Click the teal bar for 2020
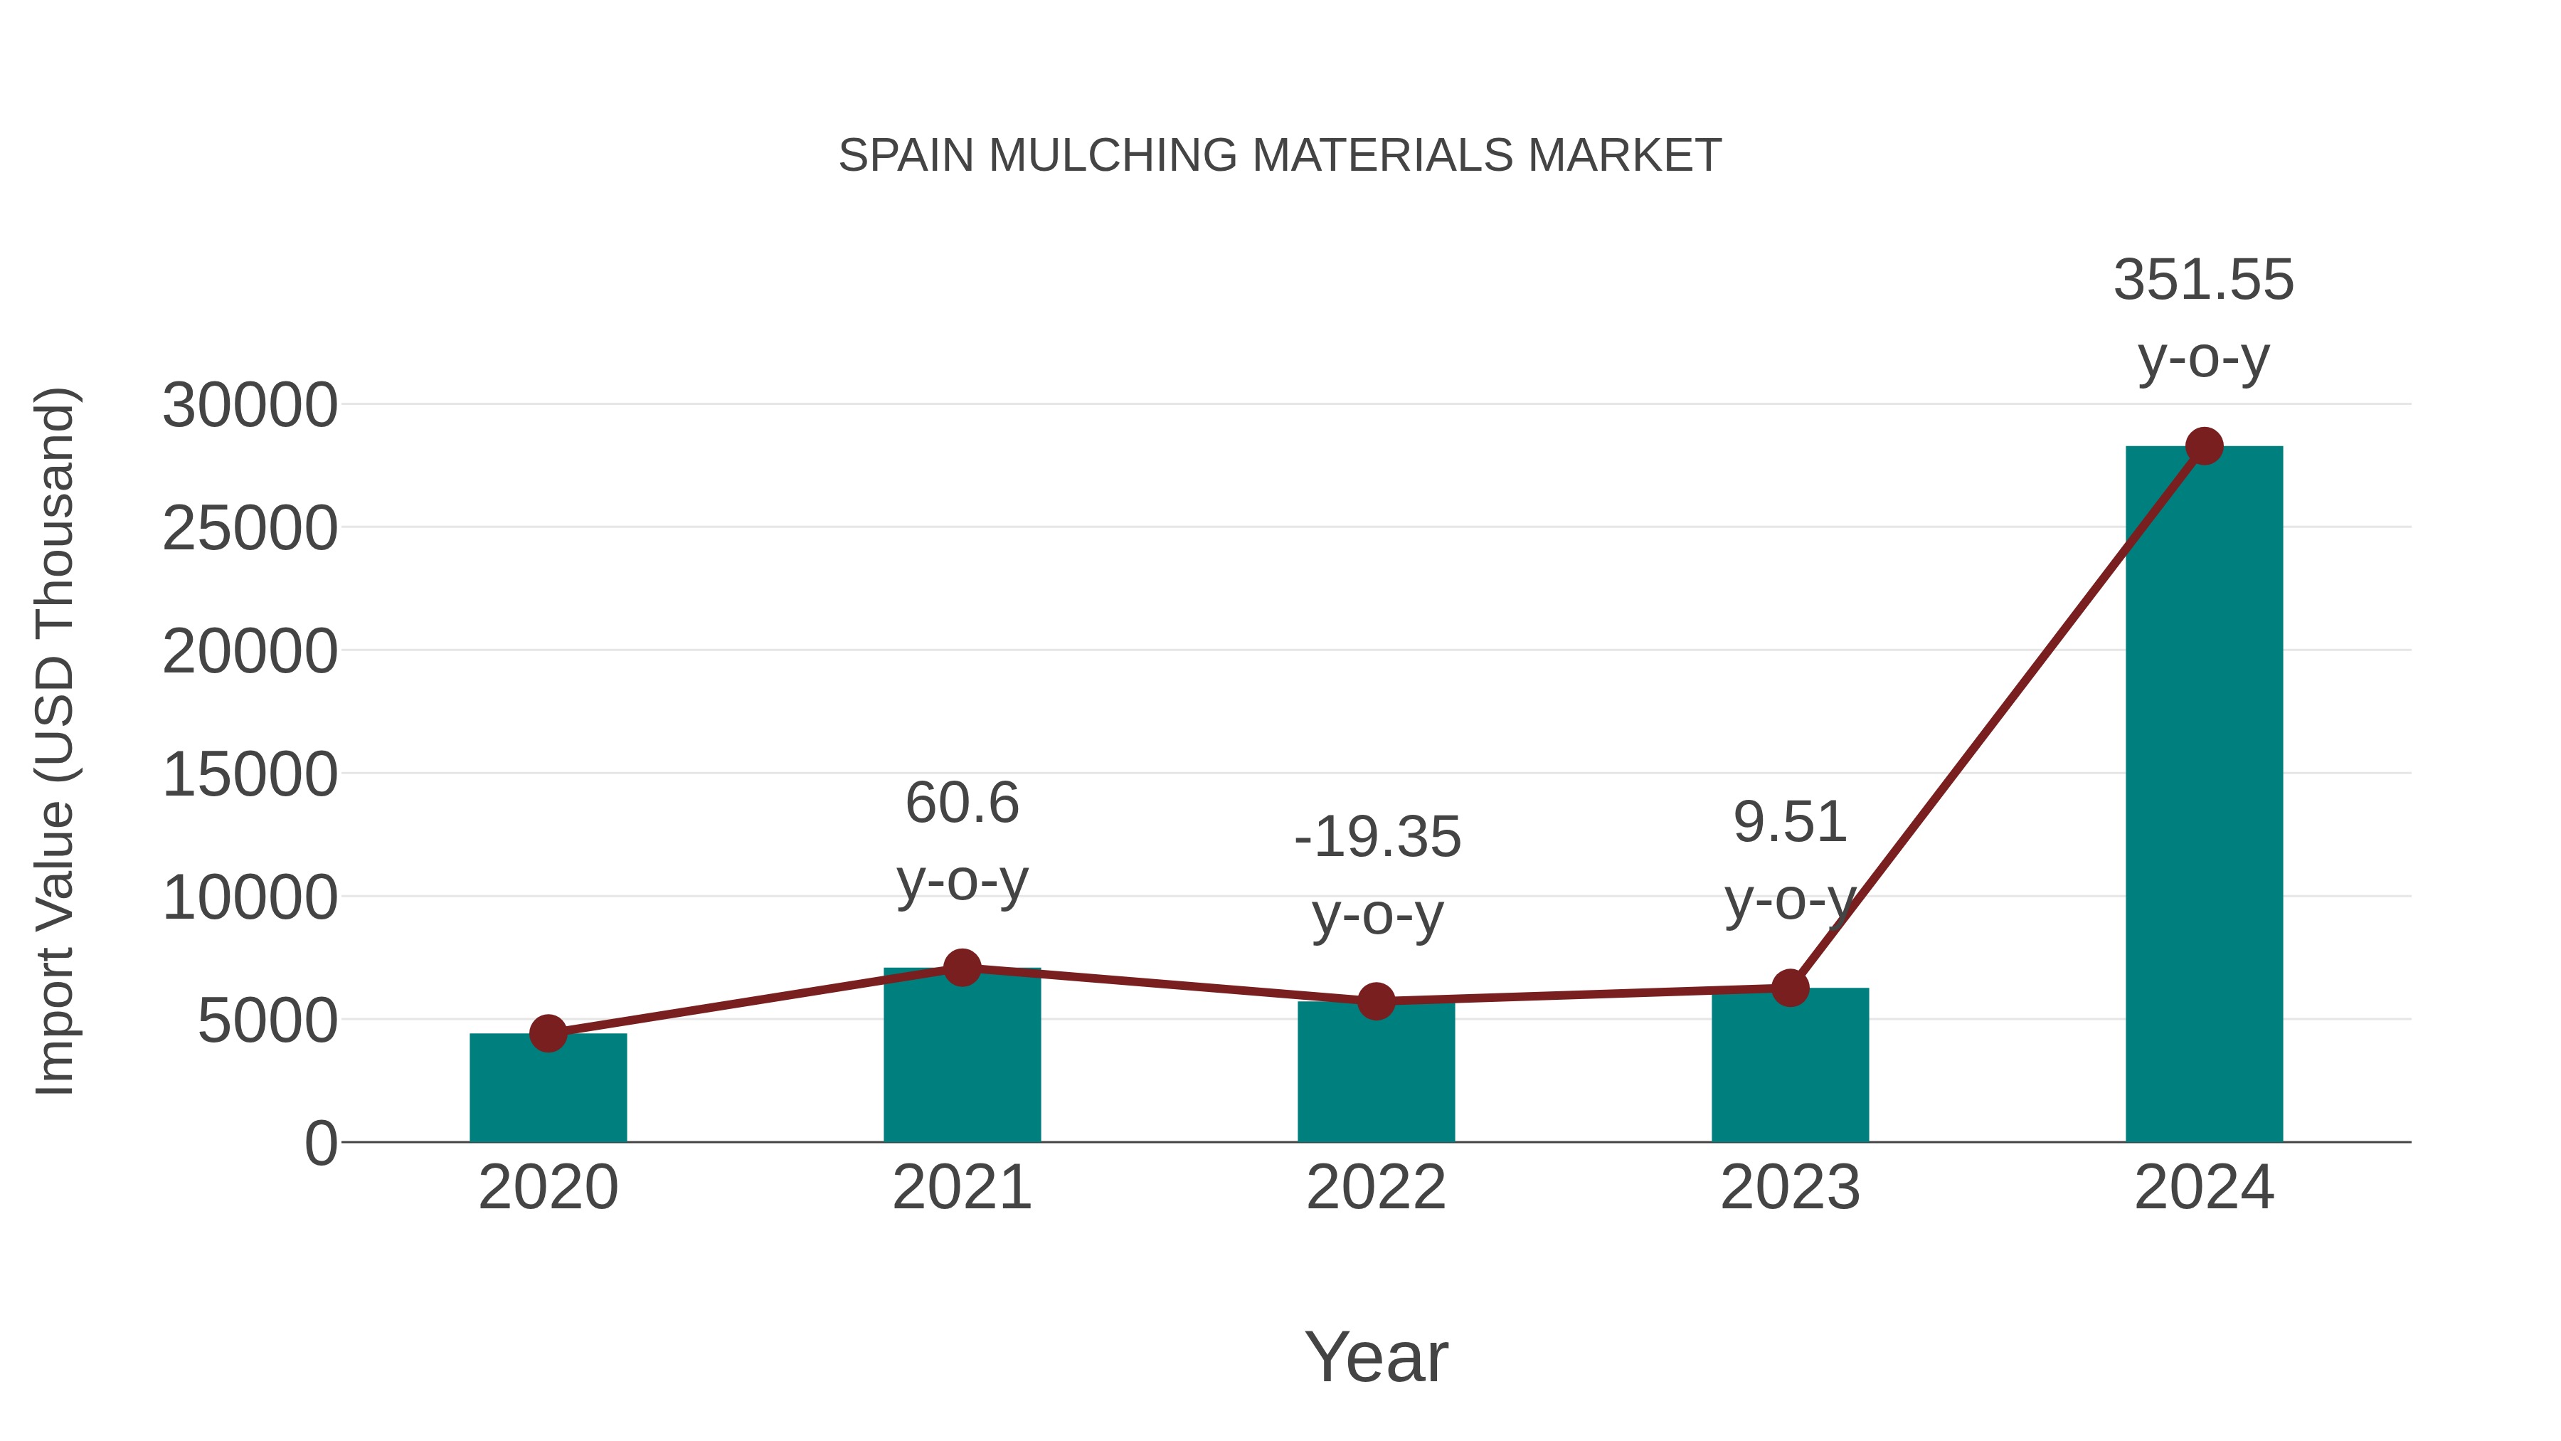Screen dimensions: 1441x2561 (x=548, y=1092)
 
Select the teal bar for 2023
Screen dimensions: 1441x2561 (x=1790, y=1069)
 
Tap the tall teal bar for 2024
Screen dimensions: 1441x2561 (x=2203, y=796)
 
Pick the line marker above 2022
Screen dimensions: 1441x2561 (x=1376, y=1001)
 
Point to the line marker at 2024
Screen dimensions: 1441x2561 (x=2204, y=446)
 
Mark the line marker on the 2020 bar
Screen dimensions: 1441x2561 (x=548, y=1033)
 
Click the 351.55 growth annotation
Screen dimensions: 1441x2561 (x=2203, y=280)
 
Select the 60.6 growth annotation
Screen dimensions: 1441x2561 (x=961, y=803)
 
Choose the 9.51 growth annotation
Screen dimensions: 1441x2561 (x=1790, y=823)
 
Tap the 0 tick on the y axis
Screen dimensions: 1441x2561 (x=320, y=1144)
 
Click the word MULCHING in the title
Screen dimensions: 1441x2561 (x=1113, y=156)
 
